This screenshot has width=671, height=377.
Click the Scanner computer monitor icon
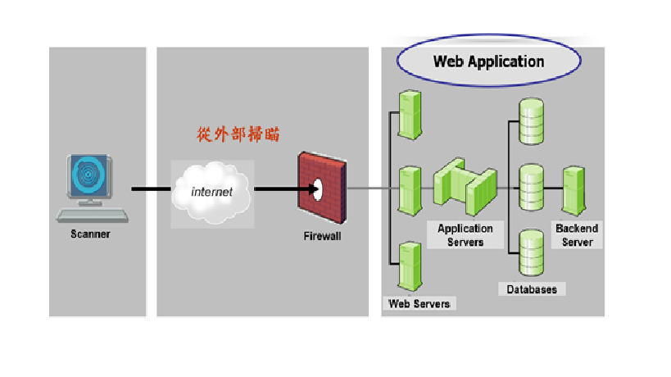coord(92,184)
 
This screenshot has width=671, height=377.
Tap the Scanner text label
coord(90,234)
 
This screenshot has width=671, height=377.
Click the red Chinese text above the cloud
coord(238,134)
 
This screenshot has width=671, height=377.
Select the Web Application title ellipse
coord(488,61)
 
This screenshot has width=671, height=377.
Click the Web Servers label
coord(419,304)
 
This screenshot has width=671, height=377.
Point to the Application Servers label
coord(465,235)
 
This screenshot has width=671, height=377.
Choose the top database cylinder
coord(532,120)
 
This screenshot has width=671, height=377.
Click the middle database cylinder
coord(532,186)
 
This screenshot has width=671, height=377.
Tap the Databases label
coord(532,289)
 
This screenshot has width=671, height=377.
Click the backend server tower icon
coord(573,189)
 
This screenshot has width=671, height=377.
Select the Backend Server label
coord(577,235)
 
